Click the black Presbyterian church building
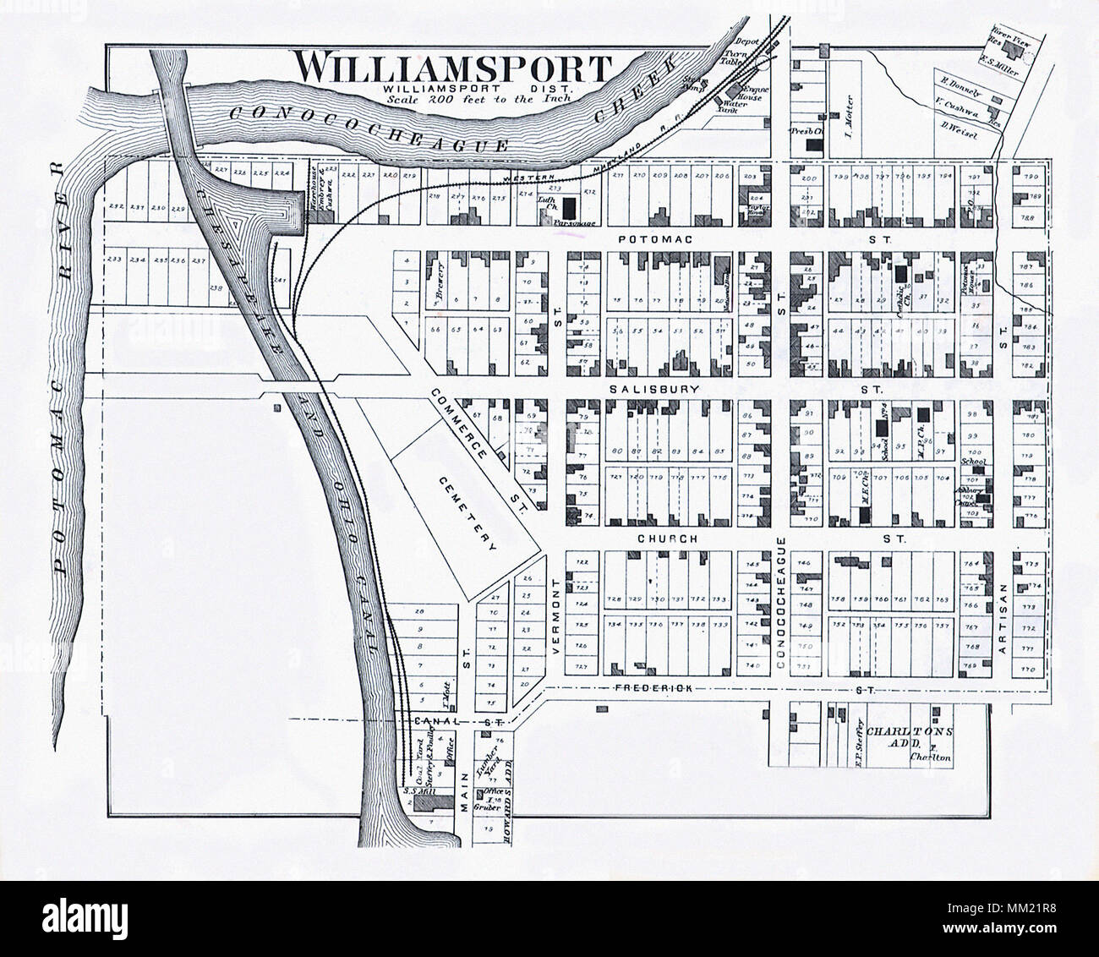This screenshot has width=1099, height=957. click(813, 145)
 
